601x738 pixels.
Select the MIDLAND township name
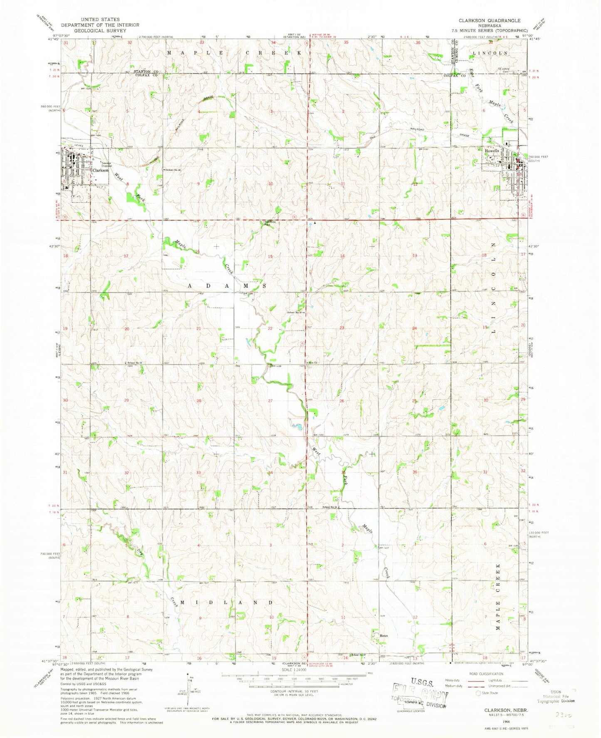point(233,602)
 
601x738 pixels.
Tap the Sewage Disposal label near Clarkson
point(99,164)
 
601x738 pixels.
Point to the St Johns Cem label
point(504,70)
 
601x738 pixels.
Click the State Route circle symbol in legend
point(478,693)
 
